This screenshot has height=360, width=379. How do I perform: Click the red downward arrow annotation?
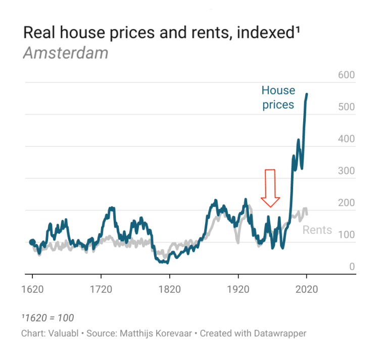270,188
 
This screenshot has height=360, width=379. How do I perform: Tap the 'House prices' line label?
278,97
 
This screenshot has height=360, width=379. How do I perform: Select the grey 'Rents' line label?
317,230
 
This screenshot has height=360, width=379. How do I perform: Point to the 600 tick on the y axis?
347,75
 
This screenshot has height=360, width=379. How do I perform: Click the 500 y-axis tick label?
347,107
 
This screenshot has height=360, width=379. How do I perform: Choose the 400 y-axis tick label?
347,139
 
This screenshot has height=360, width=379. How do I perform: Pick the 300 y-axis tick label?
347,171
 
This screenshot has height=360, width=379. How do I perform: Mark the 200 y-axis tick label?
347,203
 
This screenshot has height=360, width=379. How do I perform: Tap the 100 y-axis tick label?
347,235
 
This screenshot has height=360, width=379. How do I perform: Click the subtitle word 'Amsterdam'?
66,53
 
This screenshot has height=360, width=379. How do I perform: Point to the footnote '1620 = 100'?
49,318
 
